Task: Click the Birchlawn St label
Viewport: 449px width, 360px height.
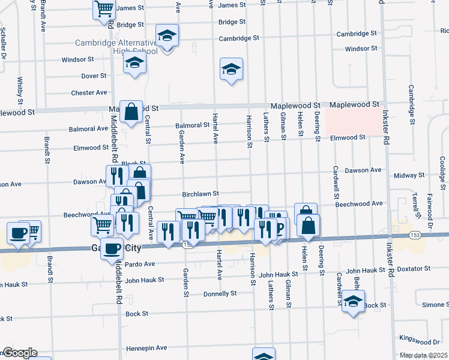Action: click(x=200, y=194)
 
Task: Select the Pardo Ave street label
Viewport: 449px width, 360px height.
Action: click(x=140, y=264)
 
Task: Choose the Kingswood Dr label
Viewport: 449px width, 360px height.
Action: click(x=419, y=342)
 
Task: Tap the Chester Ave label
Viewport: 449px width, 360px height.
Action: click(x=89, y=92)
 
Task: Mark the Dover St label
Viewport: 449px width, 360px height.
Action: click(x=94, y=76)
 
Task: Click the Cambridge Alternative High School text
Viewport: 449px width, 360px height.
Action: click(x=116, y=47)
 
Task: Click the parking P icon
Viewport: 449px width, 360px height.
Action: click(x=279, y=228)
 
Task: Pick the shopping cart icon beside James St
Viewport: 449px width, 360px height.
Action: click(x=104, y=8)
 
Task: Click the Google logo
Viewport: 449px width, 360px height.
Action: click(x=20, y=353)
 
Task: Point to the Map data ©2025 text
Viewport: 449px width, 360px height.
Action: click(x=424, y=355)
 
